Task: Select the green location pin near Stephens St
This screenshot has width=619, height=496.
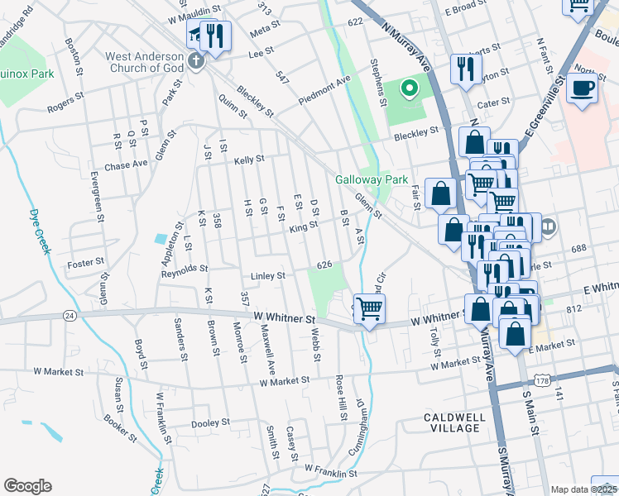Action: [408, 87]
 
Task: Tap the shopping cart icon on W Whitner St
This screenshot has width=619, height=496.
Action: [370, 308]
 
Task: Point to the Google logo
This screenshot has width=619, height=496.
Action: [27, 485]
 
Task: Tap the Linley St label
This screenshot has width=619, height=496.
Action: [268, 275]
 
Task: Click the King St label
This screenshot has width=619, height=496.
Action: [304, 226]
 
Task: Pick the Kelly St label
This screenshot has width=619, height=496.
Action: [248, 160]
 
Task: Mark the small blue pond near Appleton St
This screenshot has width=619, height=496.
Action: [159, 239]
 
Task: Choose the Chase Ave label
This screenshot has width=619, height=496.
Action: [126, 164]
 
